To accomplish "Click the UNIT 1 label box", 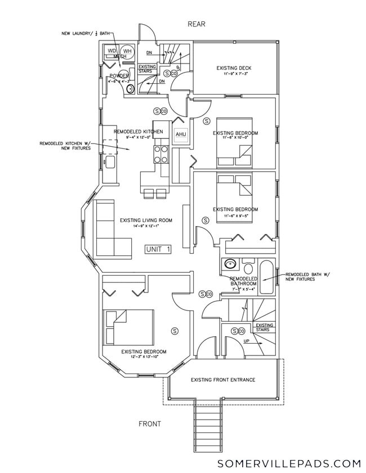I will click(158, 249).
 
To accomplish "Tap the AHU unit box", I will click(181, 134).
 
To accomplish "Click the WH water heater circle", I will click(127, 51).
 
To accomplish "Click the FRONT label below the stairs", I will click(149, 424).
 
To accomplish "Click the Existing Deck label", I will click(234, 69).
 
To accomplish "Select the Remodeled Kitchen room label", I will click(138, 132).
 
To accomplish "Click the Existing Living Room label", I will click(146, 220).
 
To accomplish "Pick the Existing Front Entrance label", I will click(223, 380).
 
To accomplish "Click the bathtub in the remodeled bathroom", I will click(266, 275).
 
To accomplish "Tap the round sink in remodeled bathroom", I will click(229, 263).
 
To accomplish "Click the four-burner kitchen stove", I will click(161, 153).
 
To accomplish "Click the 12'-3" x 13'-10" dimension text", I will click(143, 357).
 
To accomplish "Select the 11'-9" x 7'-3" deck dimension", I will click(234, 74).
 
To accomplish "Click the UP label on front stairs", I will click(246, 341).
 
